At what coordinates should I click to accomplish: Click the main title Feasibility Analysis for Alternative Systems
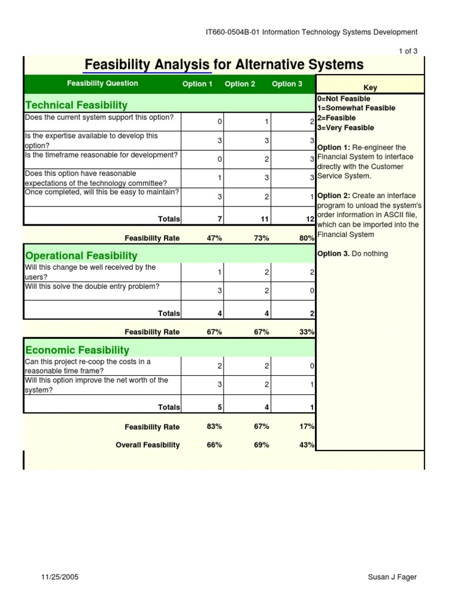click(224, 64)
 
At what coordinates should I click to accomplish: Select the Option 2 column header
click(240, 84)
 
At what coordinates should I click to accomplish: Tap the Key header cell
click(370, 88)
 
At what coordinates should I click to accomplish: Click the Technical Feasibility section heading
click(76, 105)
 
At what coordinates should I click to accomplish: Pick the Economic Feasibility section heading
click(77, 350)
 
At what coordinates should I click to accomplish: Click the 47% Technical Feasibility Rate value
click(214, 238)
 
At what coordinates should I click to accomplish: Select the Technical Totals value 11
click(265, 219)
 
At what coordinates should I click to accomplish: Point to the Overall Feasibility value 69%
click(261, 445)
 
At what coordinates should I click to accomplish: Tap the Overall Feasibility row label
click(147, 445)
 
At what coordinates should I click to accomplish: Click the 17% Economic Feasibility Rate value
click(307, 427)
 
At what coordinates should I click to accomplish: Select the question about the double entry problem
click(92, 286)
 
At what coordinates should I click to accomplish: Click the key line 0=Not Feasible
click(343, 98)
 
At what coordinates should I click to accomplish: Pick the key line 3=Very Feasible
click(346, 128)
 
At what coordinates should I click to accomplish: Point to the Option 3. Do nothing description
click(352, 254)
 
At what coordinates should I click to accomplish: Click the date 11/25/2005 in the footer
click(60, 577)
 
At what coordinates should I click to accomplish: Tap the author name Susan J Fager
click(393, 577)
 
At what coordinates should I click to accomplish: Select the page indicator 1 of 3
click(408, 51)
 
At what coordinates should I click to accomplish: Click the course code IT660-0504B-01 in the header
click(232, 32)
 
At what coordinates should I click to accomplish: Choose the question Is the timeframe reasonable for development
click(101, 155)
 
